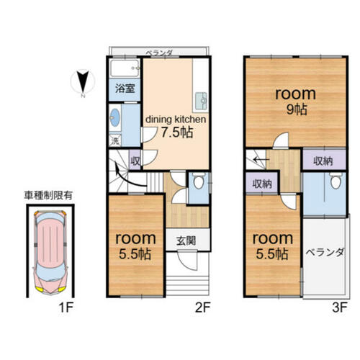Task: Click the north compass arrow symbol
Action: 83,82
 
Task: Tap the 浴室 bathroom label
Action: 125,89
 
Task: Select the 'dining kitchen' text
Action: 176,120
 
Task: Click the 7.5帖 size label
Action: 177,132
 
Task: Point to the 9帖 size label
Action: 297,109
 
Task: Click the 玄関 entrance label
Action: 186,240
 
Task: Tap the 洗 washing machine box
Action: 115,140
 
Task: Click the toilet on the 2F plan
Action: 199,181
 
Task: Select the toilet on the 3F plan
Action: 336,181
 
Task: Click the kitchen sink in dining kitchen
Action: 201,101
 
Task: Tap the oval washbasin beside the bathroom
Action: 115,117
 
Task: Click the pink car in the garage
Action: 50,252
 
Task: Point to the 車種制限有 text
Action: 48,196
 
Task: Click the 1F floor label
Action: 66,307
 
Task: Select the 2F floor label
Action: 203,307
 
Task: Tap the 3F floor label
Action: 340,307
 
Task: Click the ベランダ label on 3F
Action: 325,253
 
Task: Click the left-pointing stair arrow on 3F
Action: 261,159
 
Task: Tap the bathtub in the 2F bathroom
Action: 125,68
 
